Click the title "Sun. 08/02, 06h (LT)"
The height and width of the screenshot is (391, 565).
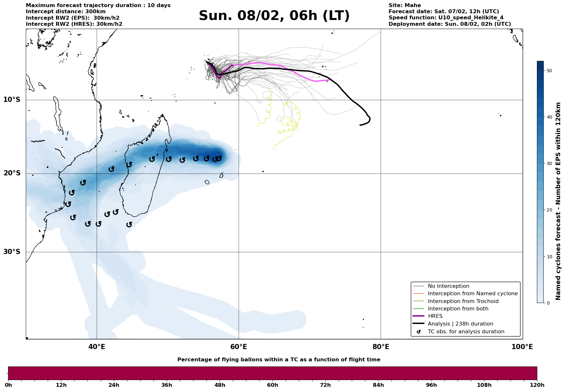[x=274, y=16]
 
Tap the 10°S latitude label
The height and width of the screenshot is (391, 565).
[x=12, y=100]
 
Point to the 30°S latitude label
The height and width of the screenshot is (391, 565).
[x=12, y=252]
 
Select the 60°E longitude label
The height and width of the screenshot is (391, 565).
[x=239, y=347]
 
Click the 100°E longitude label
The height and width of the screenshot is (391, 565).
[x=522, y=347]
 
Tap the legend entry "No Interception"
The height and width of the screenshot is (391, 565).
[x=448, y=286]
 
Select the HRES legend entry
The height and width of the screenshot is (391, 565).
[x=435, y=316]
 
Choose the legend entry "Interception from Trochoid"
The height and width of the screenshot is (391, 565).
[x=463, y=301]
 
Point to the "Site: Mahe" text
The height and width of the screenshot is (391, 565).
[x=405, y=5]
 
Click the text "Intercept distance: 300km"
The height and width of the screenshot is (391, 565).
[x=65, y=12]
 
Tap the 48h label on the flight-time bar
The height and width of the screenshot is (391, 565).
[x=220, y=385]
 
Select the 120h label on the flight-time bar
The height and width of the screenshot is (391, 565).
[x=537, y=385]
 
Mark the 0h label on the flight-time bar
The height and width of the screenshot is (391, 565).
[x=8, y=385]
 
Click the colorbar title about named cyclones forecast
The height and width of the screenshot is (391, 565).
[x=559, y=201]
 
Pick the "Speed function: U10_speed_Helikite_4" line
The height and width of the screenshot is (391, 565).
[x=446, y=18]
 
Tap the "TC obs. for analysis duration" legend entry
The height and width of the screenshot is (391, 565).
[x=466, y=332]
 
